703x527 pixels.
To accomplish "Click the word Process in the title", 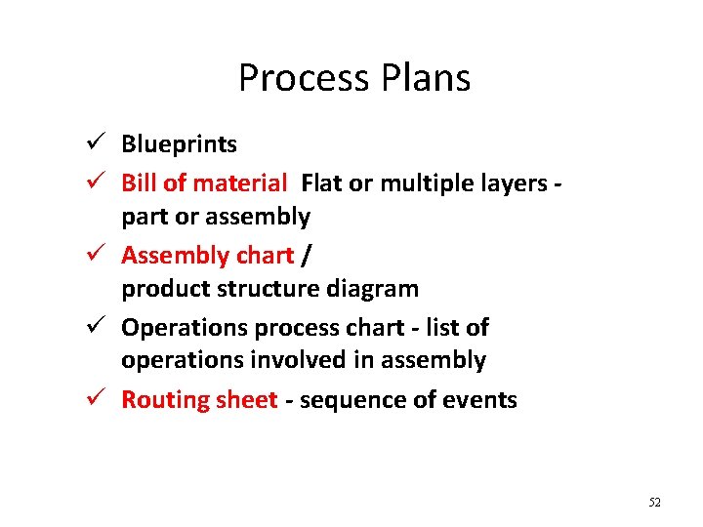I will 298,78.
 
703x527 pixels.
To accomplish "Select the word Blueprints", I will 179,144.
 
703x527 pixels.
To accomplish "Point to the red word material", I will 239,182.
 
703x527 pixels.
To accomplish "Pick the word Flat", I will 322,182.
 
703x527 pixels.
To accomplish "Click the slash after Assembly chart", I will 308,255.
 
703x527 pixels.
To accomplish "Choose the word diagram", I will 375,289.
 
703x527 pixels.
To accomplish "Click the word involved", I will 299,360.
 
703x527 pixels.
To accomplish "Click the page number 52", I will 654,502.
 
